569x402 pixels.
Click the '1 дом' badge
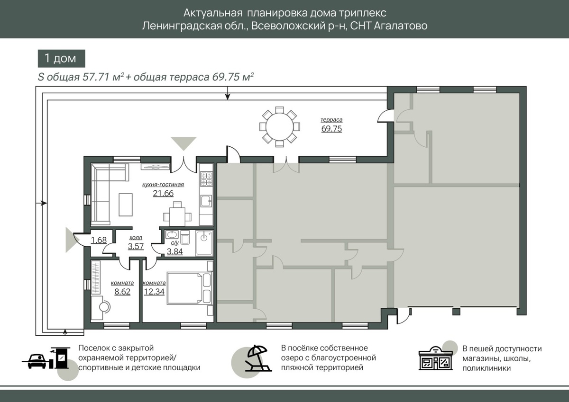click(x=62, y=58)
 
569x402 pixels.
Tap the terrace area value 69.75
click(x=331, y=129)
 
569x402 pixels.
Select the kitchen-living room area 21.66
click(x=163, y=193)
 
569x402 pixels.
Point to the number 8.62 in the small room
click(x=122, y=292)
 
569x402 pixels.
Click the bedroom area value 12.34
click(x=154, y=292)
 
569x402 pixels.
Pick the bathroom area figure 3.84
click(x=175, y=251)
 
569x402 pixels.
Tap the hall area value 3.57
click(x=136, y=246)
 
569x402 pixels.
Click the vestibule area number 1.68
click(x=99, y=240)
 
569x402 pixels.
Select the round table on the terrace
click(x=279, y=127)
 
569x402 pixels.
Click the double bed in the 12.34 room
click(x=190, y=288)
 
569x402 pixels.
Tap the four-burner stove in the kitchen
click(x=206, y=179)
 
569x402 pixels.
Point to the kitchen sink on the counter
click(x=206, y=201)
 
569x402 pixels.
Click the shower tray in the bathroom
click(x=204, y=243)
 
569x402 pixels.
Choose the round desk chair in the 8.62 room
click(x=104, y=307)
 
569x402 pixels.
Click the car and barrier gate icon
click(x=46, y=357)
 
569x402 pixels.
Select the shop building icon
click(x=435, y=358)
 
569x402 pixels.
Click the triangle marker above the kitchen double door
click(x=184, y=143)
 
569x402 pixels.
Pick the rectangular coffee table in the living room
click(x=126, y=205)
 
